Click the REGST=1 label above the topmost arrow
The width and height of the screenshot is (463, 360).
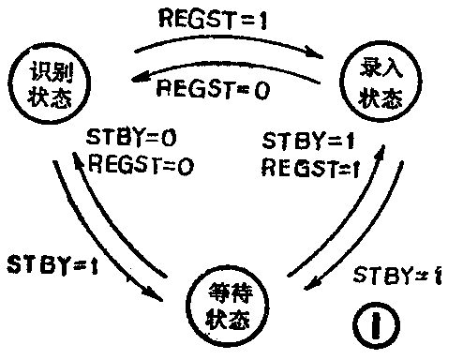213,17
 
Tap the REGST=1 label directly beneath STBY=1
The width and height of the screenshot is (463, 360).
309,169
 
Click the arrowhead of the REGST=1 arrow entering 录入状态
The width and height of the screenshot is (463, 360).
330,58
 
